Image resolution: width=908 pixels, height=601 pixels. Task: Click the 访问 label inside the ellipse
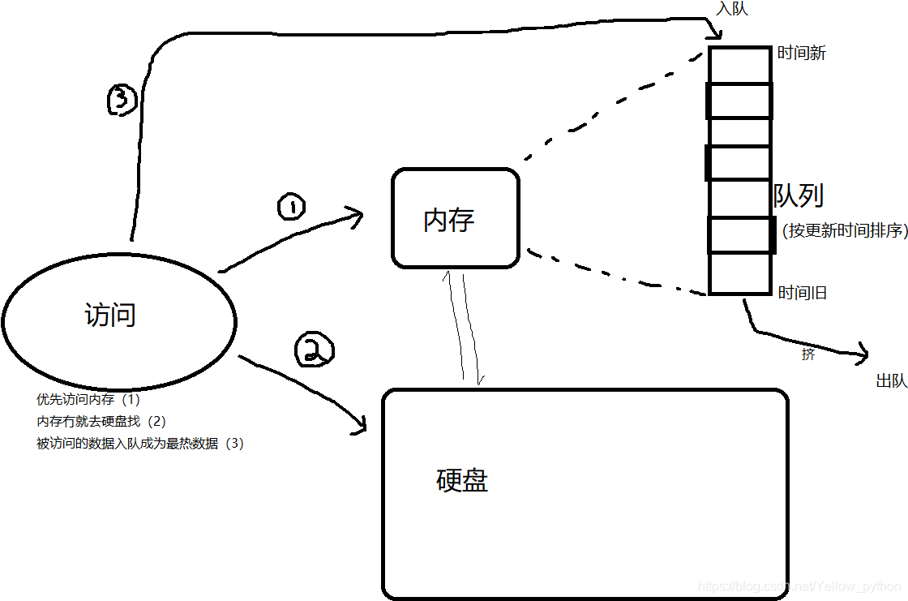tap(110, 315)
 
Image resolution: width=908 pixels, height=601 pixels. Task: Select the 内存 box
tap(455, 218)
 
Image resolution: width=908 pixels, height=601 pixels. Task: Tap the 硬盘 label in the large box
tap(462, 481)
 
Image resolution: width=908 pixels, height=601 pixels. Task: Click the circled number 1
tap(291, 207)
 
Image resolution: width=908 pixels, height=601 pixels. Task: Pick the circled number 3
tap(122, 101)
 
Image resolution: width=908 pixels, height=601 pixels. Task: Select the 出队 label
tap(891, 380)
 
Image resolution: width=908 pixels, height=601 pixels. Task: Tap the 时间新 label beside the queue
tap(801, 54)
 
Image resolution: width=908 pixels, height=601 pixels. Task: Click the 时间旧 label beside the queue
tap(802, 293)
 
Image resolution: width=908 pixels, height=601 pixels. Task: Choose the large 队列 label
tap(799, 195)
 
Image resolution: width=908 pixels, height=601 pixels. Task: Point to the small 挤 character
tap(807, 354)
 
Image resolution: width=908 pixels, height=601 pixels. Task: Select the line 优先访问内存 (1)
tap(88, 399)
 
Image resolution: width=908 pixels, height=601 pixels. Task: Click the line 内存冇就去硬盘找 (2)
tap(101, 421)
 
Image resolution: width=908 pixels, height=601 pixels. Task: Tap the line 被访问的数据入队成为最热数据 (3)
tap(139, 444)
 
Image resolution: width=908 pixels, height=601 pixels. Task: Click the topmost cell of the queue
tap(739, 65)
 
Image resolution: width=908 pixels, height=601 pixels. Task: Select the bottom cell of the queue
tap(739, 273)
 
